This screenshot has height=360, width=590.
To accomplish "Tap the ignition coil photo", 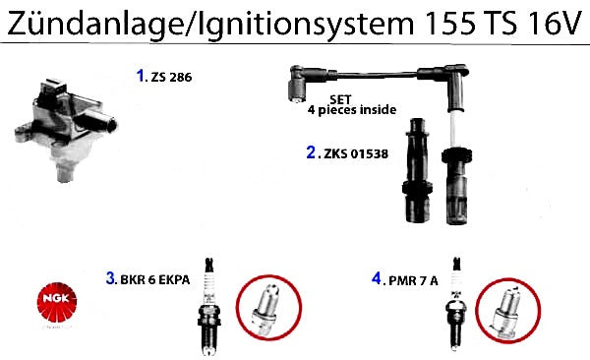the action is coord(66,129).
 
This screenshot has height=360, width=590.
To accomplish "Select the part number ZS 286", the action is coord(171,77).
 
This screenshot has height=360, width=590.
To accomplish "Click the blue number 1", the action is coord(141,76).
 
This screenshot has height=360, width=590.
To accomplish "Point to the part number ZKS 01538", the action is coord(356,153).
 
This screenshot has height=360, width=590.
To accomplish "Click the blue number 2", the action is coord(311,152).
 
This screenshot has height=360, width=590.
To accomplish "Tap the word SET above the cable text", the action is coord(340,99).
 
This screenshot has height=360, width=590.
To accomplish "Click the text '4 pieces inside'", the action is coord(352,110).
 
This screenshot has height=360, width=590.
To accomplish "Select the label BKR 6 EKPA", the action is coord(155,279).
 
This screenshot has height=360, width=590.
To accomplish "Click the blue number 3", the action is coord(110,278).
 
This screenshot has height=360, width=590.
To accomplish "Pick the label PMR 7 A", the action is coord(413,280).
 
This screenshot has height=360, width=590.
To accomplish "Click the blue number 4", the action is coord(377,278).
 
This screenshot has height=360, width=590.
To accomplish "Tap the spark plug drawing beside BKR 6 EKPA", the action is coord(209,307).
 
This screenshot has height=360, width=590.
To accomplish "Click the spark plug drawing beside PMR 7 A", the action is coord(456,304).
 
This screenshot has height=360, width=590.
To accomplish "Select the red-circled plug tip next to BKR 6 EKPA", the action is coord(268,308).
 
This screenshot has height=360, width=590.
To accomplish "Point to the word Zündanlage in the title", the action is coord(95,24).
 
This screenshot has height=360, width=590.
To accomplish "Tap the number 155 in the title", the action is coord(449,24).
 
